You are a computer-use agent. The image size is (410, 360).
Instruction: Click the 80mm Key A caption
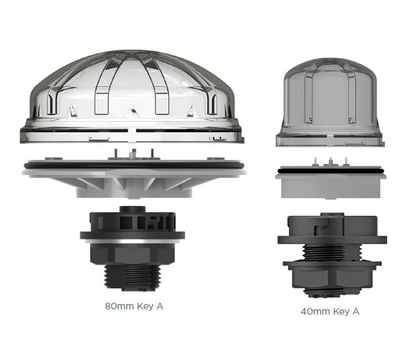[134, 306]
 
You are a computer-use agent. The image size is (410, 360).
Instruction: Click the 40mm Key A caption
[330, 311]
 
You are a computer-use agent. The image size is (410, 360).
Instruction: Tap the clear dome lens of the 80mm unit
[132, 96]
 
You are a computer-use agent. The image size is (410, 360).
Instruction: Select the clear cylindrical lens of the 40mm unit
[330, 102]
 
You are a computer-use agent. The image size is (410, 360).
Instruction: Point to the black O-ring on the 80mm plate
[134, 166]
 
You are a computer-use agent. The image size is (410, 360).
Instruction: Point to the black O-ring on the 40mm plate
[330, 171]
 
